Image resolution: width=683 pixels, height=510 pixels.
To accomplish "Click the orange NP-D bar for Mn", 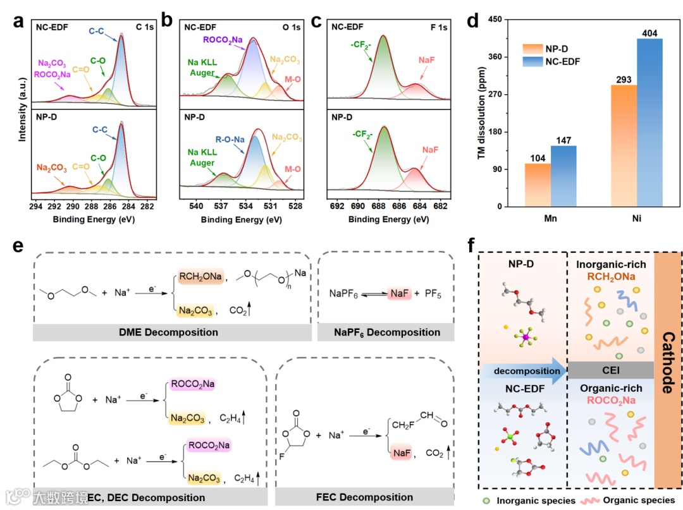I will click(x=537, y=185).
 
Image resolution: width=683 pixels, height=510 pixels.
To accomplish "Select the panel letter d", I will click(x=472, y=20).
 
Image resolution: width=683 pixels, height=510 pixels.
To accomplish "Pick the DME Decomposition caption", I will click(x=172, y=332).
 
